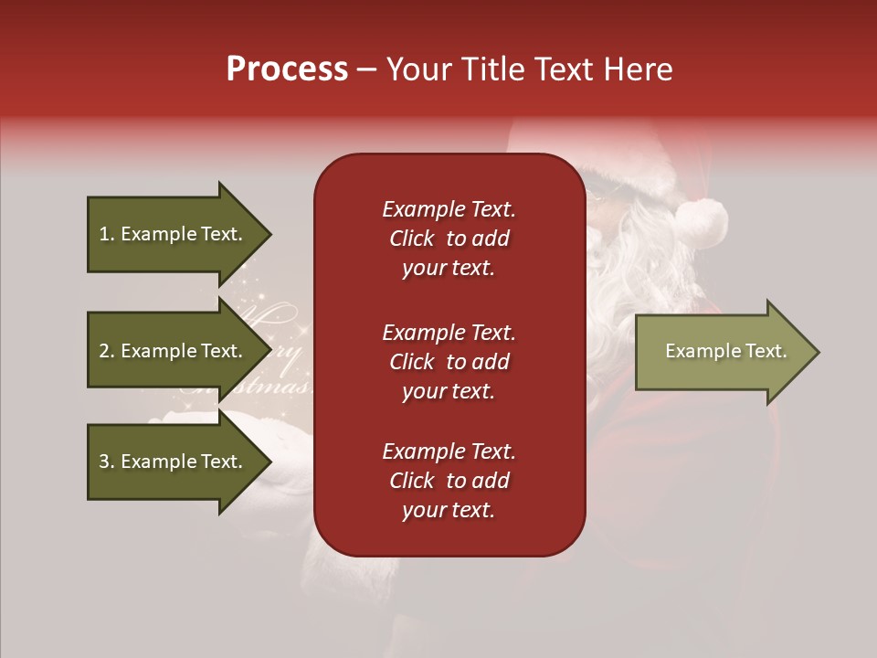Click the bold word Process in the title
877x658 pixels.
tap(287, 69)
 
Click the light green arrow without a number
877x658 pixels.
tap(722, 352)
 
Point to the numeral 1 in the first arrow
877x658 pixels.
tap(104, 234)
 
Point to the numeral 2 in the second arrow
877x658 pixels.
tap(104, 351)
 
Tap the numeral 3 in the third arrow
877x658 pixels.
tap(104, 462)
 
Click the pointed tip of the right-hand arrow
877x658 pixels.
tap(816, 352)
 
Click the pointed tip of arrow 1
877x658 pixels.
tap(269, 234)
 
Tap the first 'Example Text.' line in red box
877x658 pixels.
tap(449, 209)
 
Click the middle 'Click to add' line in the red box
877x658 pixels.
tap(449, 362)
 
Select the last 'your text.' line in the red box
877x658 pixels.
tap(449, 510)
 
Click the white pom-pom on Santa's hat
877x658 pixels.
tap(701, 219)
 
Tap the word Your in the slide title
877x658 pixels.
tap(419, 69)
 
